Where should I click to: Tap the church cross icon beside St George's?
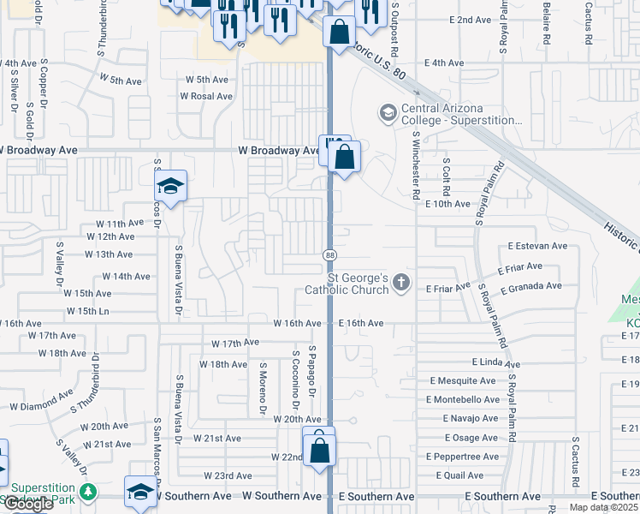tap(401, 283)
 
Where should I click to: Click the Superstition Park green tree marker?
tap(88, 492)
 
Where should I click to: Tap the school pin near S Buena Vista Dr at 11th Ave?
tap(171, 187)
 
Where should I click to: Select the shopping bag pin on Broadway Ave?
tap(344, 158)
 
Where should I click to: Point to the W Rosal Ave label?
tap(206, 96)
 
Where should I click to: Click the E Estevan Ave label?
tap(537, 246)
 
